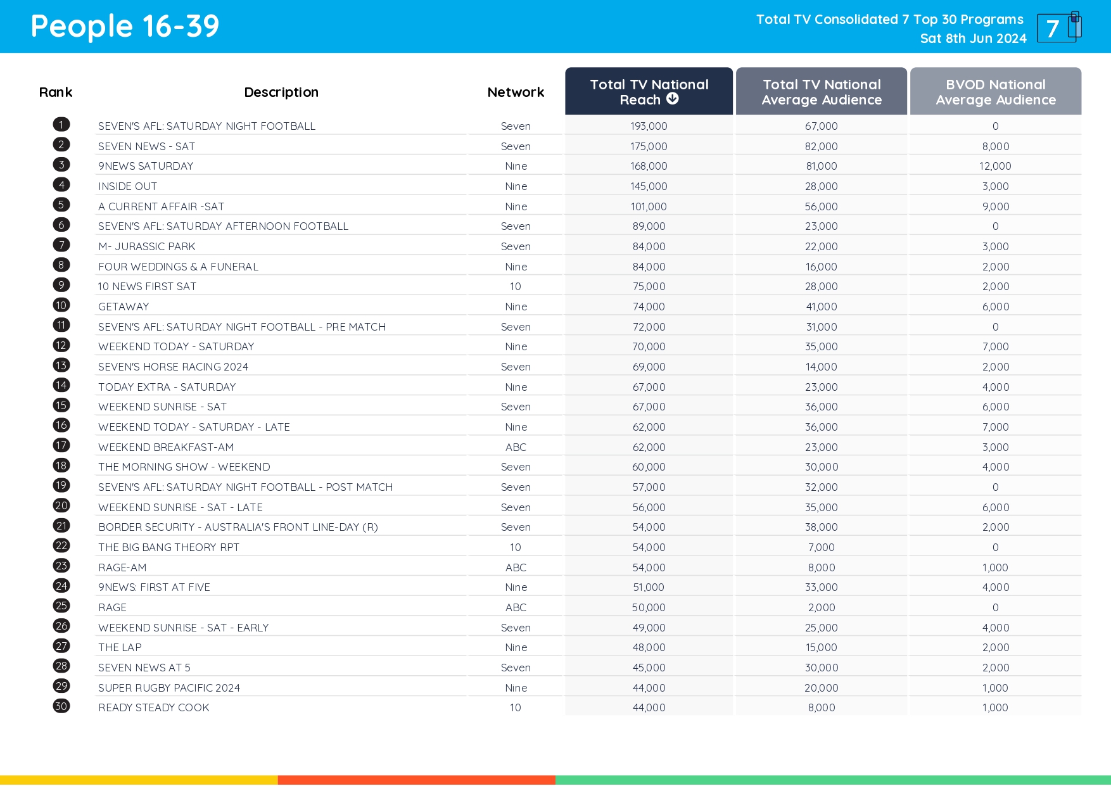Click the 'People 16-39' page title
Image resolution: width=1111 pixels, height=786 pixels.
125,27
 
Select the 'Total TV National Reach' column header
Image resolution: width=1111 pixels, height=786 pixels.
649,92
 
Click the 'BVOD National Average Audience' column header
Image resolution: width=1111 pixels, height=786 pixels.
995,92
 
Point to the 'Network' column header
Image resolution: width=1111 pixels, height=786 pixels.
516,92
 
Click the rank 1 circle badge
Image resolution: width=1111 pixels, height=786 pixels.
61,125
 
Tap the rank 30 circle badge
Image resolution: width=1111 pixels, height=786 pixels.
61,706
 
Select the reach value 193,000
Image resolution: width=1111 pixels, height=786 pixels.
649,127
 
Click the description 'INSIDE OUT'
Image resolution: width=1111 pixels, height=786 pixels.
127,186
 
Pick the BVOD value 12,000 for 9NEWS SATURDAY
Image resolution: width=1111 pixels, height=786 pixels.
995,166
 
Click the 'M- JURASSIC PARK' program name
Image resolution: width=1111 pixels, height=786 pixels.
147,246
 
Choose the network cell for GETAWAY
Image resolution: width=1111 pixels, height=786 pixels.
516,307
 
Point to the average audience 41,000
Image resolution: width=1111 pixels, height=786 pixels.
821,307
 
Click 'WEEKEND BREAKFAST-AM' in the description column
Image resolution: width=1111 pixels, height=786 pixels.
166,447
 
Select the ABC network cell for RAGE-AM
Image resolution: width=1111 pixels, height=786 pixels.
516,567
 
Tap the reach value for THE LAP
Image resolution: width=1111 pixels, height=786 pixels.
649,647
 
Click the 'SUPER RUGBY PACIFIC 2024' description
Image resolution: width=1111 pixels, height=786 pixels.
169,688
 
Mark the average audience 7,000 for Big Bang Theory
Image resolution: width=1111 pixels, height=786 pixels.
821,547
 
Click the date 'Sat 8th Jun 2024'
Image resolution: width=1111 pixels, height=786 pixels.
973,39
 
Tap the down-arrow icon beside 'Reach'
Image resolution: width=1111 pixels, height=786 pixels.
673,99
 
